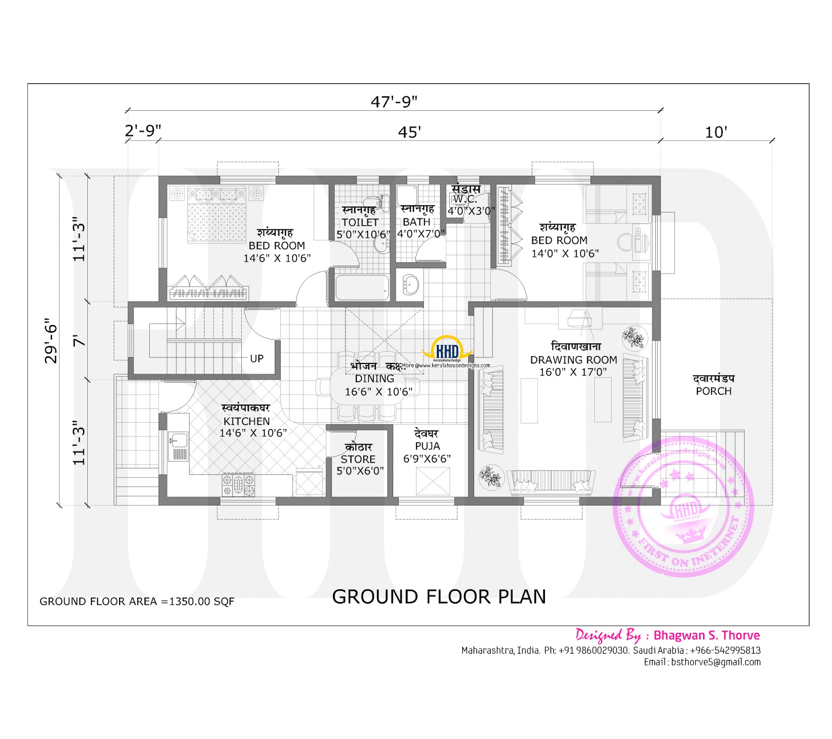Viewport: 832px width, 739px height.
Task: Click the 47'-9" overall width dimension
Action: coord(394,101)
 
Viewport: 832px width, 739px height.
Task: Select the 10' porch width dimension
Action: coord(716,132)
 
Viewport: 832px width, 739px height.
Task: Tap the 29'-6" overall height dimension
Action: coord(51,340)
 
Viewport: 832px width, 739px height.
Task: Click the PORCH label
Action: coord(713,391)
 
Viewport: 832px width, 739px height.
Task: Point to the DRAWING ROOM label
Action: coord(574,360)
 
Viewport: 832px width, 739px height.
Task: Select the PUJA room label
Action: coord(427,446)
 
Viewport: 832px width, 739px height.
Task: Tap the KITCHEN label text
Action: coord(246,421)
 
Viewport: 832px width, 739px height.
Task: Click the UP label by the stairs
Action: coord(256,358)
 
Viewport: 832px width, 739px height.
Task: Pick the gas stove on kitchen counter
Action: coord(239,484)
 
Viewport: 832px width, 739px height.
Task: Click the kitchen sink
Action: coord(178,440)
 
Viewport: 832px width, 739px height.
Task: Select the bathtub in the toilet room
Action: coord(362,288)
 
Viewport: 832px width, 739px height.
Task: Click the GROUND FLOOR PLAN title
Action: coord(439,597)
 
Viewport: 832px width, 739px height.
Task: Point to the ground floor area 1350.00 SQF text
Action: coord(137,601)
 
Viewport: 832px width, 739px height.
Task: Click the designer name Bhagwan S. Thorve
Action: coord(706,635)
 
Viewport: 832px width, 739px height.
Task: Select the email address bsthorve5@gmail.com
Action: coord(716,662)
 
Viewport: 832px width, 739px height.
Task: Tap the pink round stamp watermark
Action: coord(684,507)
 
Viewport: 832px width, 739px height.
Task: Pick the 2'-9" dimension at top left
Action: coord(142,131)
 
